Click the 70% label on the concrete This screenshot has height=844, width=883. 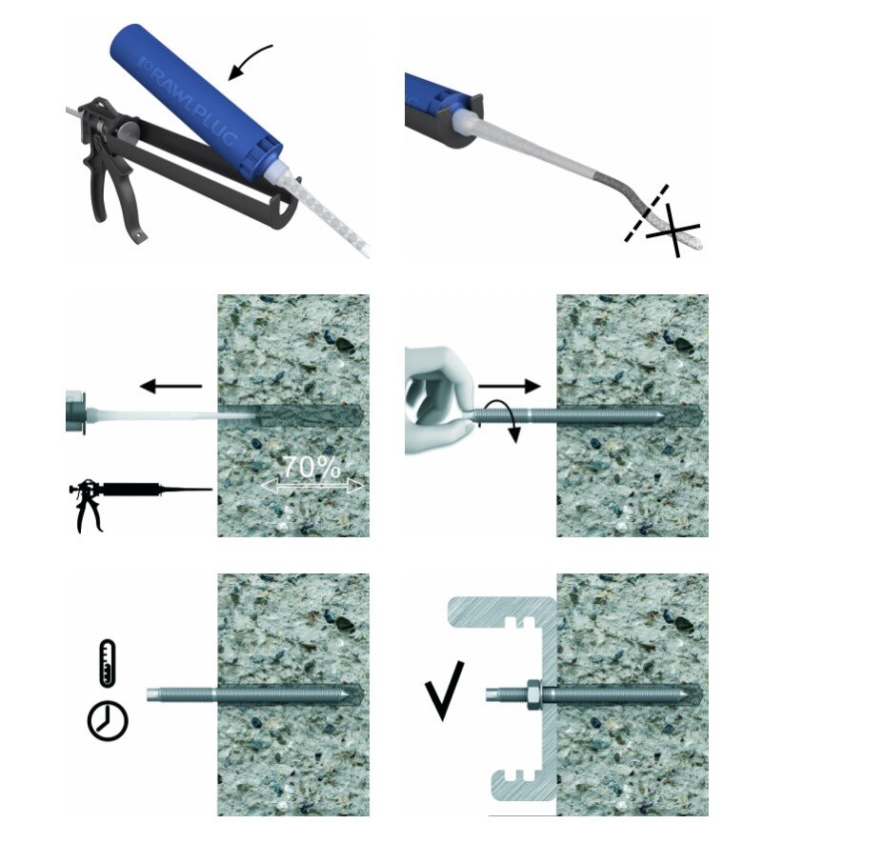311,466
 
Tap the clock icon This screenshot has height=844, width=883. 108,721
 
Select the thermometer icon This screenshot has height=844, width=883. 108,663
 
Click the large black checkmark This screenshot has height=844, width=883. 444,691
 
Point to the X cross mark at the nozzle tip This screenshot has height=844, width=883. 672,230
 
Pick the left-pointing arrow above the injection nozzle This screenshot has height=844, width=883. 171,386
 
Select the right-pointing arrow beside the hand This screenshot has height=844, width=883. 509,386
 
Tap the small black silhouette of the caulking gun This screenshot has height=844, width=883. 141,503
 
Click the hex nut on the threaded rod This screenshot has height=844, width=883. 533,694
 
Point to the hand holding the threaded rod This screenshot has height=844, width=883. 441,400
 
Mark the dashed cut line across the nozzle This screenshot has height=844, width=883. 647,212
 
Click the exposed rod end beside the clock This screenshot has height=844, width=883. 181,694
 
